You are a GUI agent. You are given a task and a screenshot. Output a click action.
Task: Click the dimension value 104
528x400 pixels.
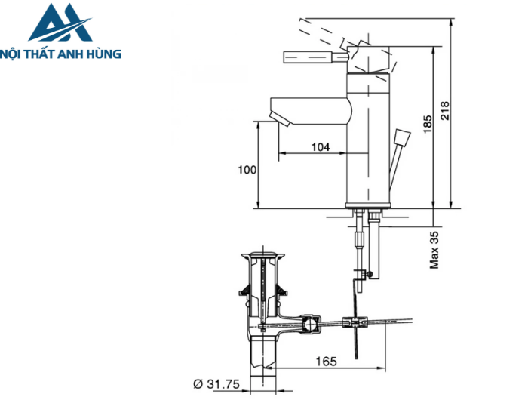coord(321,147)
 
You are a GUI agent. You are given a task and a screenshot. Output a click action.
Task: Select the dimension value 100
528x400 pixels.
coord(247,169)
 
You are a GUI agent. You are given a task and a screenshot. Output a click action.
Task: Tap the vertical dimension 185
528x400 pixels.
coord(427,125)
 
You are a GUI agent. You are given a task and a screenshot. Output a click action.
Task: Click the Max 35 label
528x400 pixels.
coord(435,250)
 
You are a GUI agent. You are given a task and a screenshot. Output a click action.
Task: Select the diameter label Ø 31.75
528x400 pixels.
coord(216,385)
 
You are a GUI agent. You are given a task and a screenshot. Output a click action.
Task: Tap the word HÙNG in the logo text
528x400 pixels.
coord(103,54)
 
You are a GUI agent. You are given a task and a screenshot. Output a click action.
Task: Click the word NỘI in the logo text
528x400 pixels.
coord(17,54)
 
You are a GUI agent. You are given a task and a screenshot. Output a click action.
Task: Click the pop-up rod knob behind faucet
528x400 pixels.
coord(401,139)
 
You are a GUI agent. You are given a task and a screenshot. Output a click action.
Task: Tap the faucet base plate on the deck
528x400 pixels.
coord(368,206)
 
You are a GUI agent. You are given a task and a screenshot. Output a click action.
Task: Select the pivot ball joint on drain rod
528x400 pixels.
coord(309,325)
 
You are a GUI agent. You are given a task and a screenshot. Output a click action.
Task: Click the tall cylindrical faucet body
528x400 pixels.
coord(368,143)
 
